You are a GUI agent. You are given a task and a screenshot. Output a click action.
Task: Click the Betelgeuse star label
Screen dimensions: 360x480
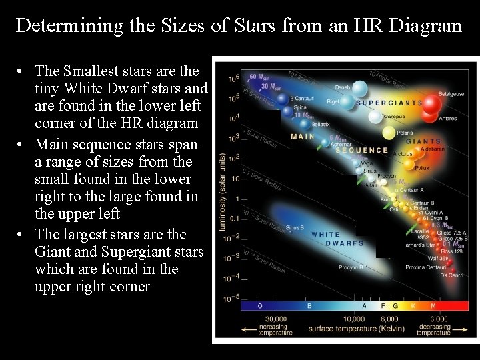pos(452,94)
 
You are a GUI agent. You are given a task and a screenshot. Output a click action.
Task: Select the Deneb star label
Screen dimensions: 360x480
pos(343,87)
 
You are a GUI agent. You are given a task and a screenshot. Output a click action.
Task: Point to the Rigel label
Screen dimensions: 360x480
pos(333,101)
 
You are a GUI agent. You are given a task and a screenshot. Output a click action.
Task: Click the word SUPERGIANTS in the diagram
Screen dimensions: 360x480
pos(389,103)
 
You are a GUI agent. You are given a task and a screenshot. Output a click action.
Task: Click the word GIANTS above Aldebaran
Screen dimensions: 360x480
pos(423,141)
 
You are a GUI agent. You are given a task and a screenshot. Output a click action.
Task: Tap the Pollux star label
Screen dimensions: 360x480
pos(421,168)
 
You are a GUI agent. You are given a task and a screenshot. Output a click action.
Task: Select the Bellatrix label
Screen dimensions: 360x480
pos(321,125)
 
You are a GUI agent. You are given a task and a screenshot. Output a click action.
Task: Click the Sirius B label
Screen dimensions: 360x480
pos(295,227)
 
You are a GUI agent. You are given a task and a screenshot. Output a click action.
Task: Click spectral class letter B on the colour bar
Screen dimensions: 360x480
pos(309,306)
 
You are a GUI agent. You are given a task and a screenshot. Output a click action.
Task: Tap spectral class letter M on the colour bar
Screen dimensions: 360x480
pos(433,306)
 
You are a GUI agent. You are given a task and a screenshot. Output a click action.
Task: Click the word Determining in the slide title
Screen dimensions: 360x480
pos(68,25)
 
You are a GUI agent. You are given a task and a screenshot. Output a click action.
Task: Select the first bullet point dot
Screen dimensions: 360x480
pos(22,71)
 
